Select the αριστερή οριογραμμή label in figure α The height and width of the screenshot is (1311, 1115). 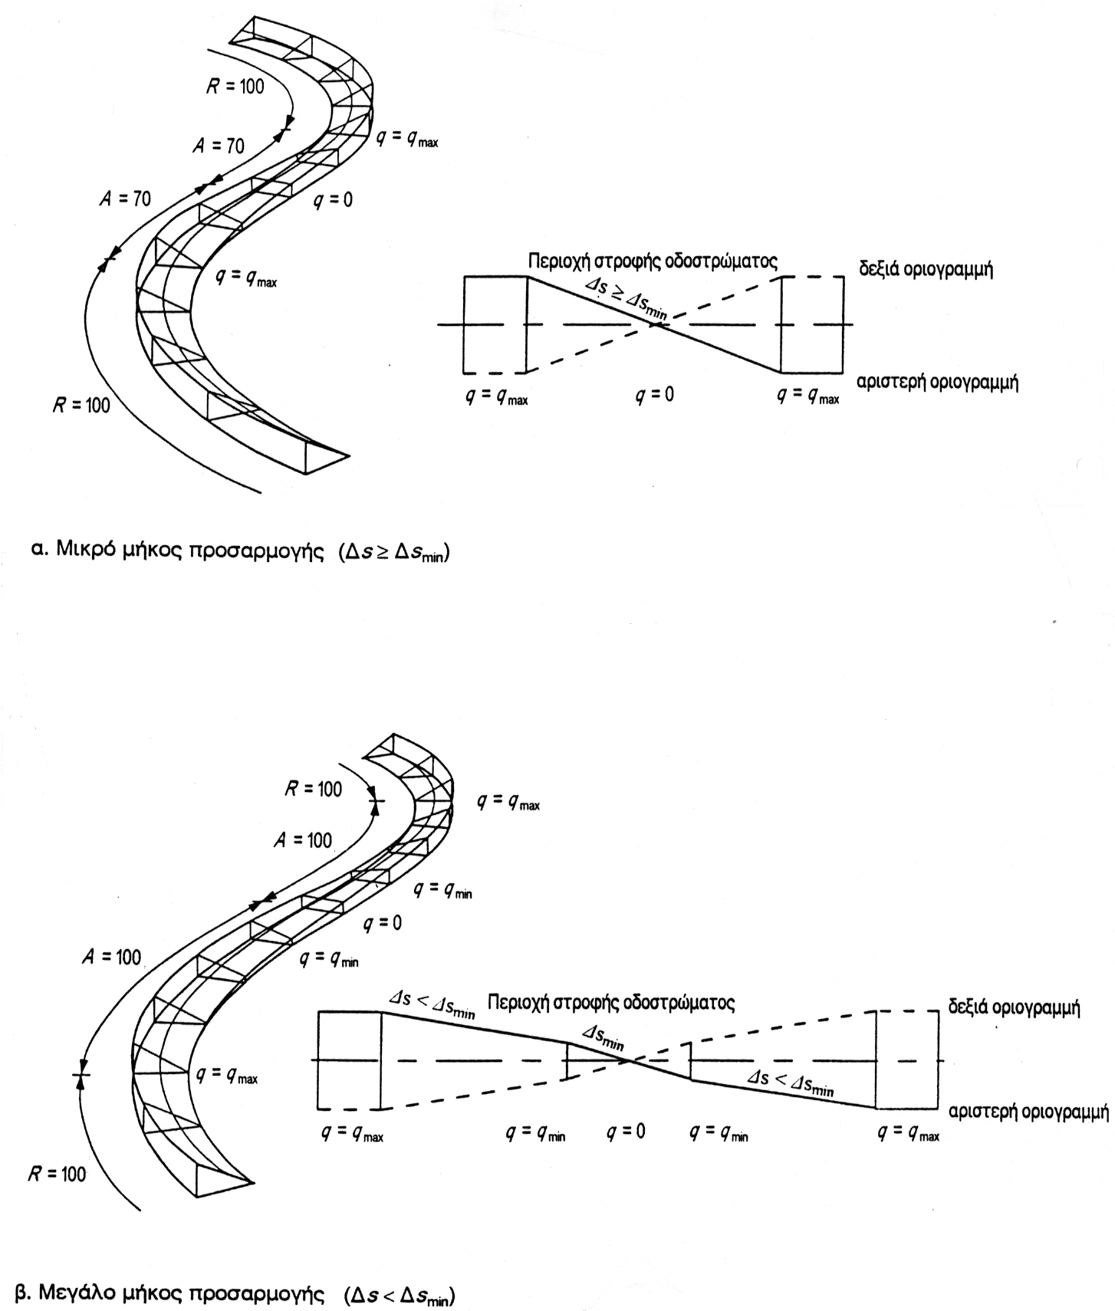point(938,383)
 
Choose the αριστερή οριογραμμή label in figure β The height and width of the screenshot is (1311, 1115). point(1028,1111)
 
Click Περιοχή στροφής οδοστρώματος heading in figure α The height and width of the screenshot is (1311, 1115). point(653,262)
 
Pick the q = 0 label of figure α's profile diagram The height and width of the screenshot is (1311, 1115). point(655,396)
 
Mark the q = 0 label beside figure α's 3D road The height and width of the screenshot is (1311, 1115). point(334,200)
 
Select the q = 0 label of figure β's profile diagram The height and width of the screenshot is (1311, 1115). point(626,1132)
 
